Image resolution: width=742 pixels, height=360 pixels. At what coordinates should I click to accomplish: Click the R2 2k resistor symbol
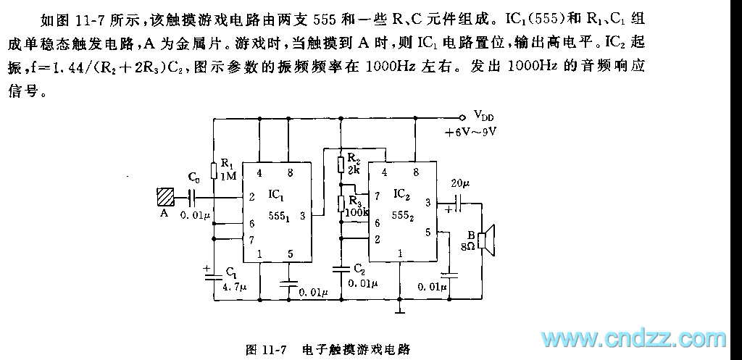click(x=341, y=164)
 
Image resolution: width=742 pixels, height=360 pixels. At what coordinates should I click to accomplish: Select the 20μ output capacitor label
click(x=461, y=182)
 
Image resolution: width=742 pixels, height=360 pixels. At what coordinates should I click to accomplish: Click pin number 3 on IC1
click(x=301, y=215)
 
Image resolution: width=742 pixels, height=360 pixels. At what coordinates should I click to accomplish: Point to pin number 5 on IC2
click(x=428, y=233)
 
